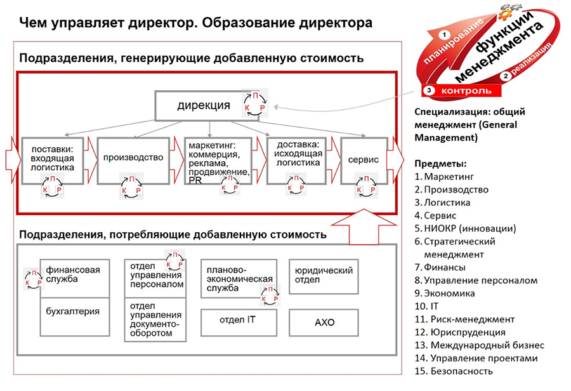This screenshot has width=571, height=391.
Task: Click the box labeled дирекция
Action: click(x=203, y=105)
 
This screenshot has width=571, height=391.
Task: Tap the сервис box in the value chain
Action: click(x=363, y=159)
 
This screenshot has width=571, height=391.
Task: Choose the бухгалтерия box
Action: click(x=74, y=312)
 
